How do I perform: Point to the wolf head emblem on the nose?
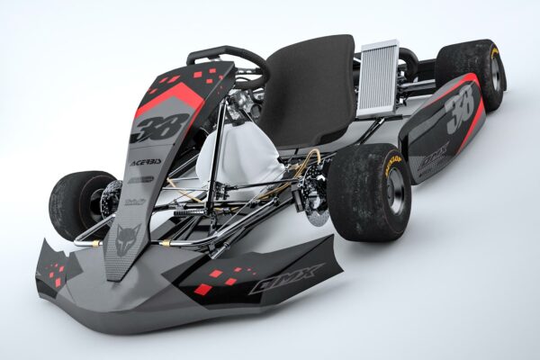(125, 238)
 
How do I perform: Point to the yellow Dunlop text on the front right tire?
(391, 163)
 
